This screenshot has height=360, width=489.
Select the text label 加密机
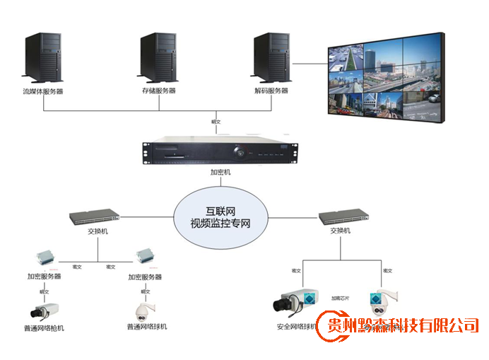tap(220, 172)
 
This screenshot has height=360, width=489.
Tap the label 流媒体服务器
tap(42, 91)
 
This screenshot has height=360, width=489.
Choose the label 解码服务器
tap(271, 91)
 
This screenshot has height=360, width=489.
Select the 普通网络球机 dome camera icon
tap(146, 309)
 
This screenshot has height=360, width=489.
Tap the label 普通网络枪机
tap(44, 327)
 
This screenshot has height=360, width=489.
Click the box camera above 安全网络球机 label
tap(293, 303)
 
